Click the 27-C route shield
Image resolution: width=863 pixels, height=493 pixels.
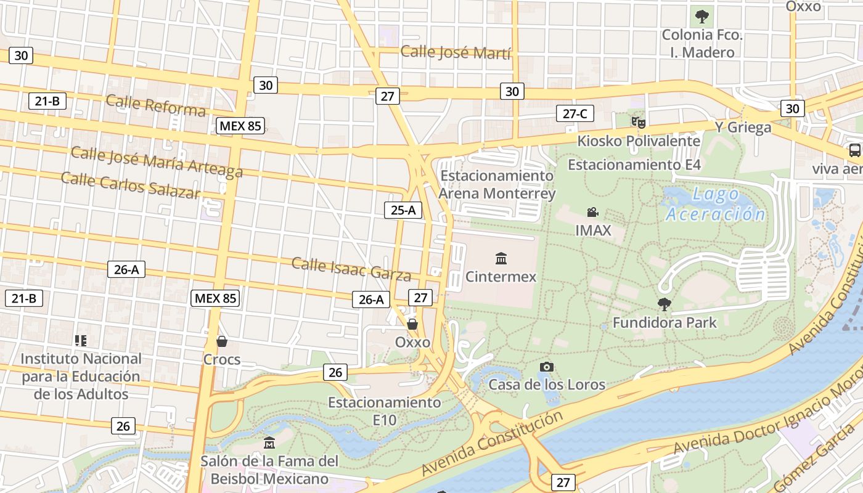(575, 113)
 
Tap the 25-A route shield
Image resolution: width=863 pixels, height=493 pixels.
(403, 210)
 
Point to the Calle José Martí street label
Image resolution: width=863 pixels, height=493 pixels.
(456, 52)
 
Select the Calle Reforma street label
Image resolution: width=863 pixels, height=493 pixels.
(155, 105)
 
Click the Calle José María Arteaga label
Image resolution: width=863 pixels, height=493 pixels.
(157, 161)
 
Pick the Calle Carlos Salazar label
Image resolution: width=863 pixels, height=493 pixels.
(131, 185)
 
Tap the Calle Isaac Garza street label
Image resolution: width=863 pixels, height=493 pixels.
(351, 268)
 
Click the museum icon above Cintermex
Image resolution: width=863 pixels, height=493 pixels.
(501, 258)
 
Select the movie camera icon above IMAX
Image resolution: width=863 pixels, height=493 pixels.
(592, 213)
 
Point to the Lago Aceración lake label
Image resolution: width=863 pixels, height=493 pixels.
(715, 205)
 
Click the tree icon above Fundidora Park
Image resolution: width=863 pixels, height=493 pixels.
(664, 304)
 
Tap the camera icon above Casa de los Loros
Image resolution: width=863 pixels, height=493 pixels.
(546, 367)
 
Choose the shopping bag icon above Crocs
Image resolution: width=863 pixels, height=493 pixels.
(222, 341)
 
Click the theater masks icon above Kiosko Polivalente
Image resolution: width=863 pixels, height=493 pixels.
(638, 122)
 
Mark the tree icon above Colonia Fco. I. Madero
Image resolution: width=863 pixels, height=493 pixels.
(701, 17)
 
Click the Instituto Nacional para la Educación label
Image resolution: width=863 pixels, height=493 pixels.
(81, 376)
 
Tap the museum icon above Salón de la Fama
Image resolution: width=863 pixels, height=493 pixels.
(269, 443)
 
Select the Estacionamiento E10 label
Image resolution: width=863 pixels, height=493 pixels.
(384, 411)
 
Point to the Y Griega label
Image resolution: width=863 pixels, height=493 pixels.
(743, 128)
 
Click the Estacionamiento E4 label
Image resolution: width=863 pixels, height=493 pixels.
(634, 165)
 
